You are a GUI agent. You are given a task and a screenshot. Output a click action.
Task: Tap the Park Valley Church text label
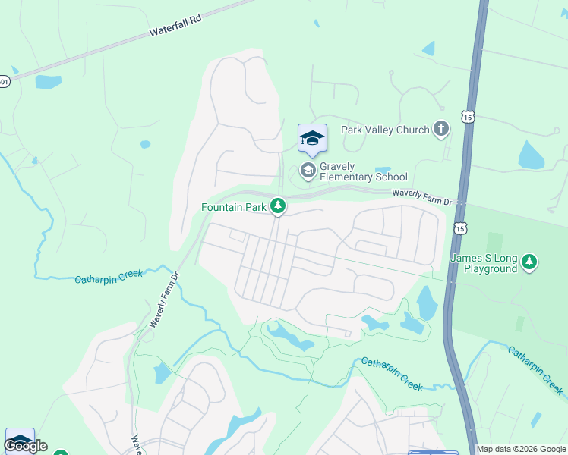click(385, 130)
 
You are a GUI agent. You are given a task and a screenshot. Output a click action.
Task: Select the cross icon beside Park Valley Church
click(441, 129)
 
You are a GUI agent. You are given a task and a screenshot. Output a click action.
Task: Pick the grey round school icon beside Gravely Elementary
click(308, 170)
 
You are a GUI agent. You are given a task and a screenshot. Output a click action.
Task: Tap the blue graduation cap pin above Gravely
click(312, 139)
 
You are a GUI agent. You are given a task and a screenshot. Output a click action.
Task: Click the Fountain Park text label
click(234, 206)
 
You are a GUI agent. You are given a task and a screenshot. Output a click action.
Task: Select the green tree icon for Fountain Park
click(279, 206)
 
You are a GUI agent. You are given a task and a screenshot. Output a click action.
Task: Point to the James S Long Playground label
click(484, 263)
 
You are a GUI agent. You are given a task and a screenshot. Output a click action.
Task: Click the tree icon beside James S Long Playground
click(529, 263)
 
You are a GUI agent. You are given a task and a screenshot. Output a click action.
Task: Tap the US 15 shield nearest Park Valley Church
click(467, 115)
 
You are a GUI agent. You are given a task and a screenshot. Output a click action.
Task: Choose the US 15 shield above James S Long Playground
click(459, 227)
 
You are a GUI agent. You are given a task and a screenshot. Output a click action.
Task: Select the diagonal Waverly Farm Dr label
click(163, 299)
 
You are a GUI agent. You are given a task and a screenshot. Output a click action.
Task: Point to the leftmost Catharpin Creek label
click(108, 276)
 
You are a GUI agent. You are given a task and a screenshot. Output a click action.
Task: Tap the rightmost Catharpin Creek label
click(536, 371)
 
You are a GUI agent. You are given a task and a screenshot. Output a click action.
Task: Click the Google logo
click(25, 446)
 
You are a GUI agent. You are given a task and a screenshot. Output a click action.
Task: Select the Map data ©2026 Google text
click(522, 449)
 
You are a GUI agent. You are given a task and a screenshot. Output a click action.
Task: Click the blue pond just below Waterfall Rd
click(48, 82)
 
